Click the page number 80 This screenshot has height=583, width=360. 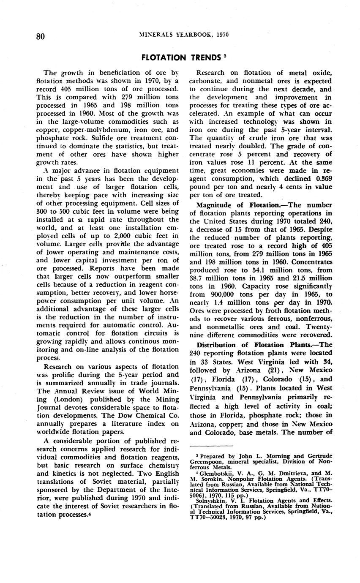[41, 36]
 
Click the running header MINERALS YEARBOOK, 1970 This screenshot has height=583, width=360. [184, 35]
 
